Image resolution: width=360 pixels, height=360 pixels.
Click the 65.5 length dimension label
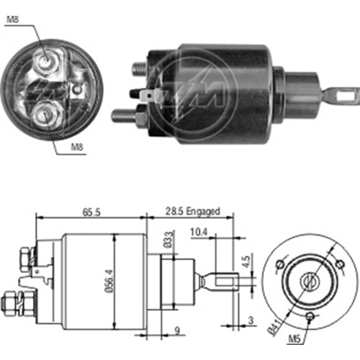[91, 212]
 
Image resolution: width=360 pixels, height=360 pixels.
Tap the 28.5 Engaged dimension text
[192, 211]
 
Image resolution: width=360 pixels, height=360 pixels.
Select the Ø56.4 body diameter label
[109, 281]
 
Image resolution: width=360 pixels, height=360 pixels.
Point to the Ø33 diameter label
[168, 240]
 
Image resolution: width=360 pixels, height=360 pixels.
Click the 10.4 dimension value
[199, 232]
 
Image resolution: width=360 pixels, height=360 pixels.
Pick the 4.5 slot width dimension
[246, 262]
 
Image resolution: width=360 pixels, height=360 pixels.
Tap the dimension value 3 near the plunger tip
[251, 320]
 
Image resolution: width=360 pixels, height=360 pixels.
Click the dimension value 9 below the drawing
[177, 330]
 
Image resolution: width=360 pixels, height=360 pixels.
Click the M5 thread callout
[294, 339]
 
